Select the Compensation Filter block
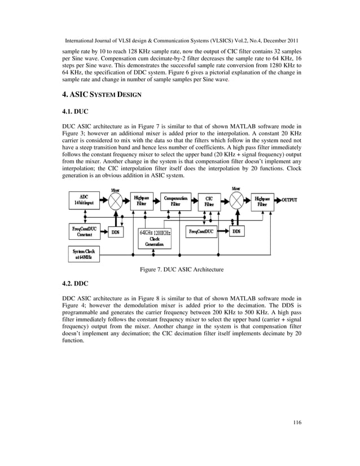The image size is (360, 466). pos(176,201)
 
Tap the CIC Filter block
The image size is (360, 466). pos(209,201)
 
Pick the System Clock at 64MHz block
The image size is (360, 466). pos(84,254)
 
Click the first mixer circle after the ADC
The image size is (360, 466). pos(116,201)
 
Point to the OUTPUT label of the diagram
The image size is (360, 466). pos(289,200)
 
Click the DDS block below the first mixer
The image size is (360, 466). pos(115,232)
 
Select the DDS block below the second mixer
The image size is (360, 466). pos(236,231)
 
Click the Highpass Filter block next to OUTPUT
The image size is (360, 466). pos(262,201)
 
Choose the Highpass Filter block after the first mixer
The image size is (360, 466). pos(142,201)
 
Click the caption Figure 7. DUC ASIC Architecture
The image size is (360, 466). pos(182,270)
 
